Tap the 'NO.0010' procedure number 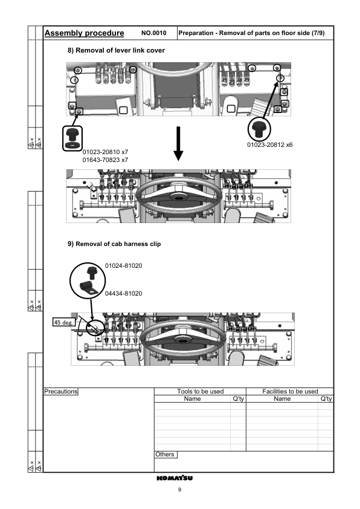click(x=153, y=33)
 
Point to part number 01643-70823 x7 click(x=105, y=160)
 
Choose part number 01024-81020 click(x=124, y=265)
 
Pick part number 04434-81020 click(x=124, y=293)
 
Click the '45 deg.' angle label click(x=63, y=322)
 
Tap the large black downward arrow click(x=178, y=143)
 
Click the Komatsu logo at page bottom click(x=179, y=478)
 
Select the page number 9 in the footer click(x=179, y=490)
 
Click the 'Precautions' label click(x=61, y=391)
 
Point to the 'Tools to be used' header click(x=201, y=391)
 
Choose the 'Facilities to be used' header click(x=290, y=391)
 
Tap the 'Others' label click(x=165, y=454)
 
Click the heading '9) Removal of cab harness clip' click(x=114, y=244)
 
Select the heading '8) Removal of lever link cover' click(x=115, y=50)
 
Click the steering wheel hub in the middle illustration click(x=179, y=198)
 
